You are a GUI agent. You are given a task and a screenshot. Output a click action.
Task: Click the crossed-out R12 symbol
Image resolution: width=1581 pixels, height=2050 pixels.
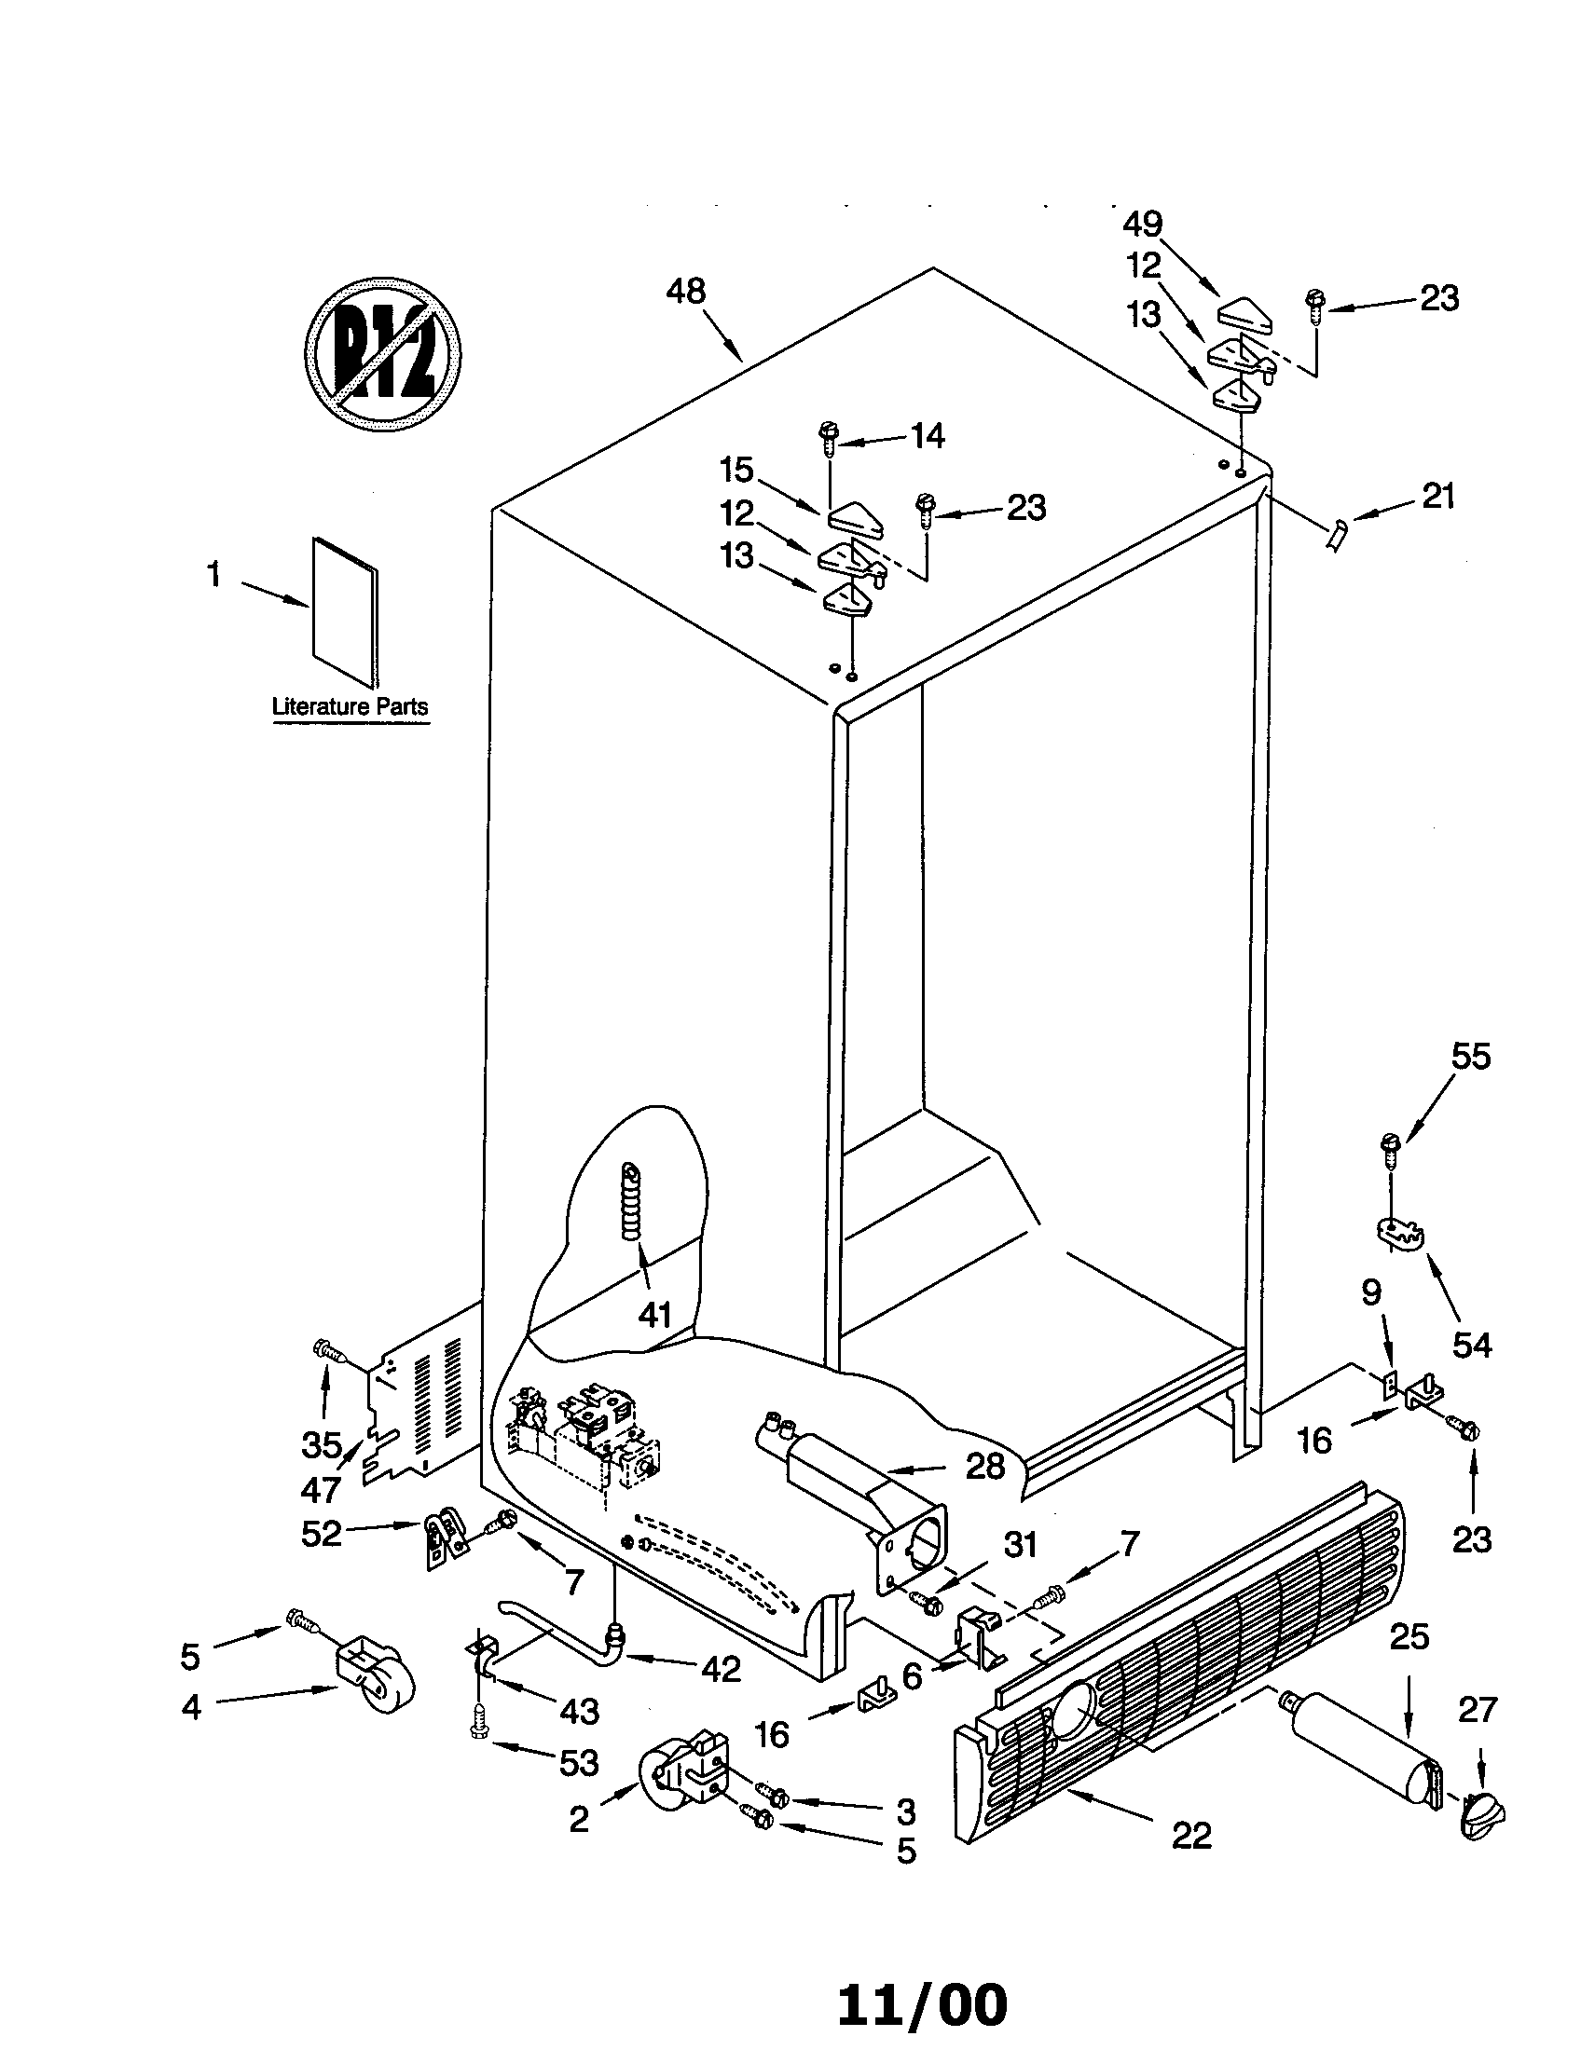click(x=383, y=354)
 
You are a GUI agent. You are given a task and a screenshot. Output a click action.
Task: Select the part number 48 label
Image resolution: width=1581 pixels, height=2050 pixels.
click(x=685, y=292)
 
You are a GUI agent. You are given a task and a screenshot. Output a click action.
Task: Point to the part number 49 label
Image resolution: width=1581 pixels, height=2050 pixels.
click(x=1143, y=224)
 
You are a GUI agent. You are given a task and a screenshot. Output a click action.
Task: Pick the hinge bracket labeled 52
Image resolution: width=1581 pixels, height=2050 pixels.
click(x=444, y=1539)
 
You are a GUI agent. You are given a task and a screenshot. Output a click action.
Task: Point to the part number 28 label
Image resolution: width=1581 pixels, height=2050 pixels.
click(x=984, y=1465)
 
